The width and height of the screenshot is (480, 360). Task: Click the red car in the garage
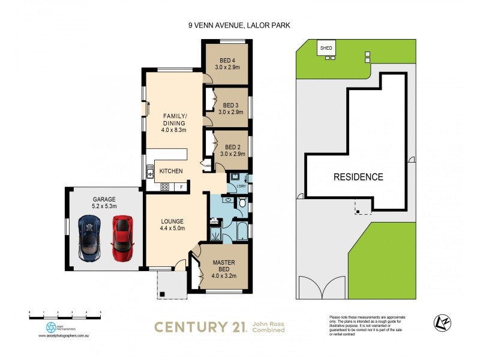(x=122, y=239)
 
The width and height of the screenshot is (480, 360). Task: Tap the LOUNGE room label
(x=172, y=224)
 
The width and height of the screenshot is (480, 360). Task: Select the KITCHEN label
(x=171, y=172)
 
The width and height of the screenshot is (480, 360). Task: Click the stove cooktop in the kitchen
(x=164, y=187)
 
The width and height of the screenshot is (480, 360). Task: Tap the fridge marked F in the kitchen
(x=182, y=187)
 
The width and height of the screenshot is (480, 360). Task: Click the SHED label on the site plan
(x=326, y=47)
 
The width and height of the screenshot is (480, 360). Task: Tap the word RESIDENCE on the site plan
(x=358, y=177)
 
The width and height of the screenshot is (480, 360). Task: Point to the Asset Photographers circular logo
(x=51, y=328)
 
